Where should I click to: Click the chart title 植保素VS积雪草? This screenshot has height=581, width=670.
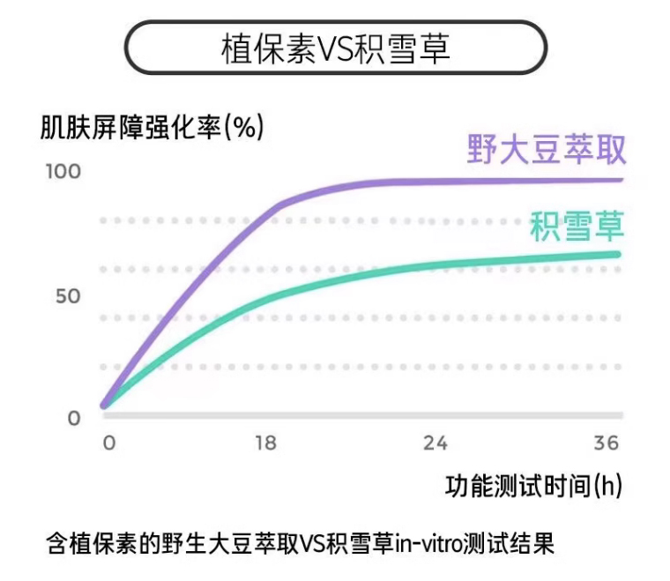pyautogui.click(x=335, y=48)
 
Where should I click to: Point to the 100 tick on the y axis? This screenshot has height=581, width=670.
pyautogui.click(x=63, y=171)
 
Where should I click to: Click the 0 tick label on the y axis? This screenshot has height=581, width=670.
pyautogui.click(x=74, y=418)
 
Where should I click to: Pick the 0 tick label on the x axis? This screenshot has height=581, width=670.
pyautogui.click(x=109, y=444)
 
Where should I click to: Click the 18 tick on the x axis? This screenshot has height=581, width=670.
pyautogui.click(x=265, y=444)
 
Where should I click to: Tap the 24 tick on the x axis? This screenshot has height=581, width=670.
pyautogui.click(x=435, y=444)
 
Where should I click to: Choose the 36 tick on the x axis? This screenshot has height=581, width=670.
pyautogui.click(x=607, y=444)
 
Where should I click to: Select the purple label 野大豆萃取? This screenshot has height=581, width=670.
pyautogui.click(x=547, y=150)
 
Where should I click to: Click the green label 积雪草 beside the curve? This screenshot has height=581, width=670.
pyautogui.click(x=577, y=227)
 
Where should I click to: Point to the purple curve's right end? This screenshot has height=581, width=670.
pyautogui.click(x=620, y=180)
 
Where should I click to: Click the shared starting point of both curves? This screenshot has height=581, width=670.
pyautogui.click(x=105, y=406)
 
